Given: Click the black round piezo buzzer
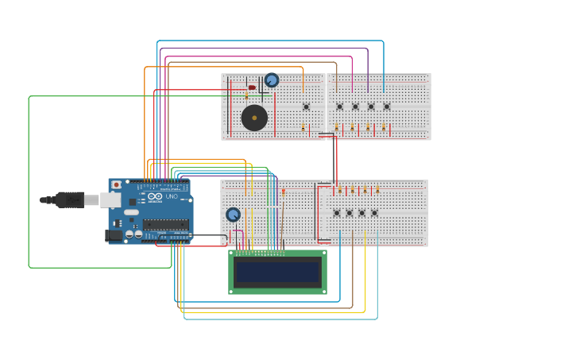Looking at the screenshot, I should [x=254, y=118].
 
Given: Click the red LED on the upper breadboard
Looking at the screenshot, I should [x=252, y=87].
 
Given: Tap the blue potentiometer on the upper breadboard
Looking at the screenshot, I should [x=272, y=80].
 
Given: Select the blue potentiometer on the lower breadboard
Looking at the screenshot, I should [x=233, y=215].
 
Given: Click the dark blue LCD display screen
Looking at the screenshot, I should [x=277, y=272].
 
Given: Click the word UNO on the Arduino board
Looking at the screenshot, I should [x=172, y=196].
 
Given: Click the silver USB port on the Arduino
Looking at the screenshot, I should [x=110, y=199].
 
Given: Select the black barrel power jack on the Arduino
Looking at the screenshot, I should [x=114, y=234].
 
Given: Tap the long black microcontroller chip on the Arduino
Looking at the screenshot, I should [x=166, y=225].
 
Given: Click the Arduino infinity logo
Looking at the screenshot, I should [x=155, y=196].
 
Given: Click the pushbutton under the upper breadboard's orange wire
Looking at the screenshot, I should [x=306, y=106].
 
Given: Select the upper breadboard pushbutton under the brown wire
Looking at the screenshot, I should [x=339, y=106].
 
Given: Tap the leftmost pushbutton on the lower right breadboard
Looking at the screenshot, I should [x=337, y=213].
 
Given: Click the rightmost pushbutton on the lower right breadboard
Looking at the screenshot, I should [x=374, y=213].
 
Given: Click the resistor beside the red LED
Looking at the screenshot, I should [x=246, y=96].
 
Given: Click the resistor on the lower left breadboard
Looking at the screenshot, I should [x=284, y=192].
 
